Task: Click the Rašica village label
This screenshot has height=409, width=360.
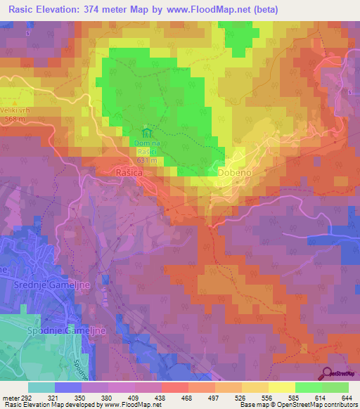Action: [x=129, y=171]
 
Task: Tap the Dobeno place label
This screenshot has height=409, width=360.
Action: [x=234, y=171]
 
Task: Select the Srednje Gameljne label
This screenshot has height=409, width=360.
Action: [x=44, y=286]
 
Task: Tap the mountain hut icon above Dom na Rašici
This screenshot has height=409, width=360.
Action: [x=146, y=132]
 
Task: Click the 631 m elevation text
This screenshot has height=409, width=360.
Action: [x=146, y=161]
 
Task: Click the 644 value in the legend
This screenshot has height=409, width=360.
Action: [x=347, y=398]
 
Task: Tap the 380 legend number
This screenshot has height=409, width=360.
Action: [x=108, y=398]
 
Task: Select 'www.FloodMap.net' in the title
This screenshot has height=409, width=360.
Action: [x=213, y=10]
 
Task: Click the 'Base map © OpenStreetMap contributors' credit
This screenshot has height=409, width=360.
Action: [x=298, y=405]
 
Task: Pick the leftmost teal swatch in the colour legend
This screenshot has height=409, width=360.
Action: [x=41, y=387]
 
